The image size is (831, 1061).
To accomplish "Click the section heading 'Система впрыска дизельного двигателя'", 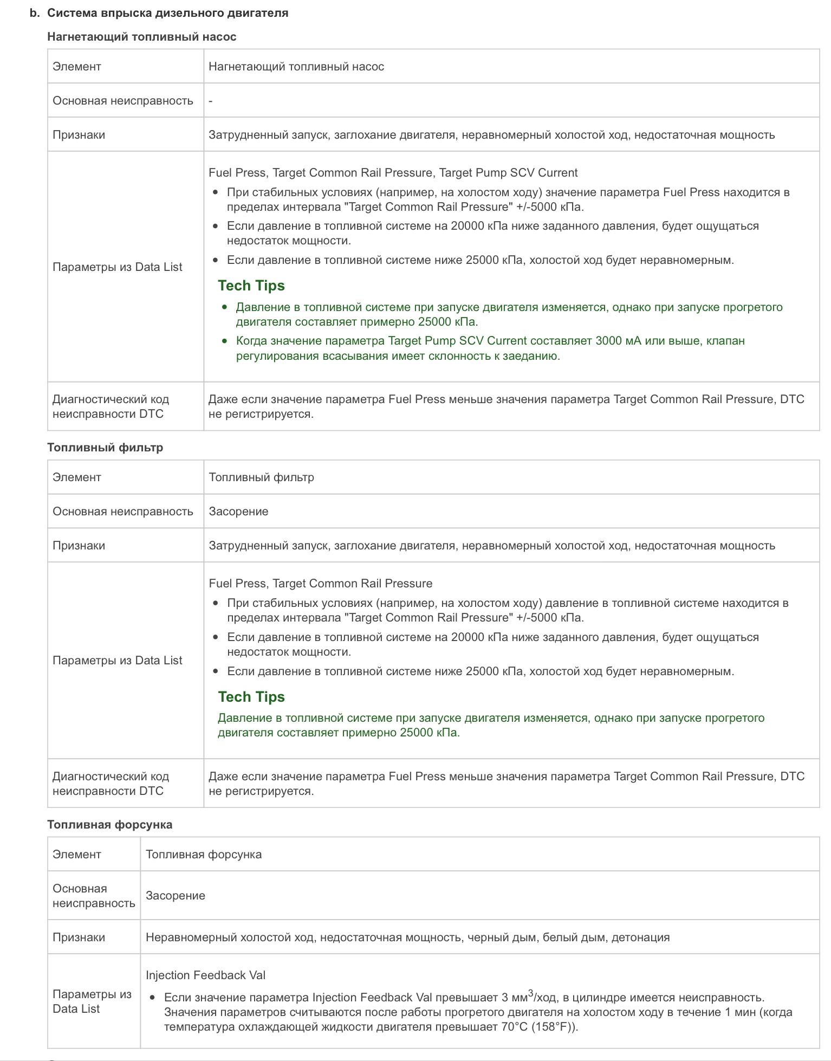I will click(x=167, y=13).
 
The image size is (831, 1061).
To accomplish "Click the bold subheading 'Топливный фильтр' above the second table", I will click(x=105, y=448).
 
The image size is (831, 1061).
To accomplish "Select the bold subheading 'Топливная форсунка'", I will click(x=109, y=825).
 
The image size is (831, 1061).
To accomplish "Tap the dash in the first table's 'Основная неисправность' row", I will click(x=211, y=101).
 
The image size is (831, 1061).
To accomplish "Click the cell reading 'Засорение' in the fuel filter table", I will click(x=238, y=512).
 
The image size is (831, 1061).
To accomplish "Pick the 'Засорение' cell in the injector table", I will click(x=175, y=896).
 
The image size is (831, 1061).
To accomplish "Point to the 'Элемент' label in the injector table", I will click(x=76, y=855).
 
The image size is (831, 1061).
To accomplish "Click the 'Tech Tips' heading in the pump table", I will click(x=251, y=286).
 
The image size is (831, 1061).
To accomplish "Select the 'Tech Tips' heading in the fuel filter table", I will click(x=251, y=697).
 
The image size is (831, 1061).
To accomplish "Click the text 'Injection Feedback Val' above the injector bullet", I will click(x=205, y=975).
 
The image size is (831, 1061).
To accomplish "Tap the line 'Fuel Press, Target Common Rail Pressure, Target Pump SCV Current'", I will click(x=393, y=173).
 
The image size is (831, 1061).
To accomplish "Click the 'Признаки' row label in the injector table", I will click(x=79, y=937).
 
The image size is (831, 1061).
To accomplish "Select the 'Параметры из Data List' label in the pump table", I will click(x=117, y=267).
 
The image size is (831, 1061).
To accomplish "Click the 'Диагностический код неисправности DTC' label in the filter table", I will click(x=111, y=784).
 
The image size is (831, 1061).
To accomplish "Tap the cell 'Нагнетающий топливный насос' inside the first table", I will click(x=296, y=67).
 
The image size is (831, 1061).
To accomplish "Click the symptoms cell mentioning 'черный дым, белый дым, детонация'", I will click(x=407, y=937).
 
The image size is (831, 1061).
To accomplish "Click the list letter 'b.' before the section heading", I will click(x=35, y=13).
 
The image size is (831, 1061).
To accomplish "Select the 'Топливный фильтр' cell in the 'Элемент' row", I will click(x=261, y=477).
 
